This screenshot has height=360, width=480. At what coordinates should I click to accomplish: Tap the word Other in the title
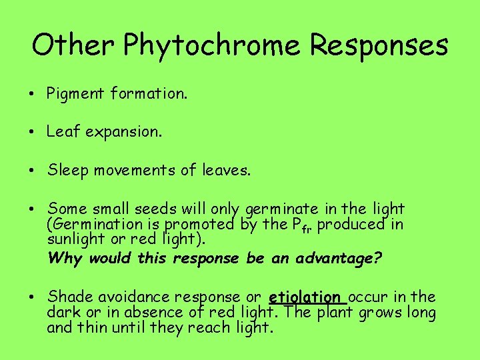[x=75, y=45]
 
